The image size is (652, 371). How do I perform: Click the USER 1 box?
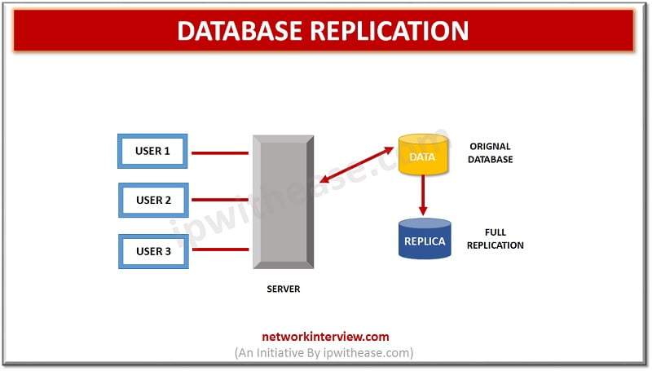coord(153,151)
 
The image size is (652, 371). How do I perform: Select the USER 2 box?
coord(153,200)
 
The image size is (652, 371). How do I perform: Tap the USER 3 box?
coord(153,251)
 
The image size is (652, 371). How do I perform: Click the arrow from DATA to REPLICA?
coord(424,196)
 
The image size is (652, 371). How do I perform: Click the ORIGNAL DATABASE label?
coord(491,152)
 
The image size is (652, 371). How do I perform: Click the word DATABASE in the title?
coord(239,31)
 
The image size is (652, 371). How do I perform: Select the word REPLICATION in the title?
coord(390,31)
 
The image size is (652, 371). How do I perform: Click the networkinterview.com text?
coord(324,336)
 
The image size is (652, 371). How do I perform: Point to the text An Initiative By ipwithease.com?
coord(324,352)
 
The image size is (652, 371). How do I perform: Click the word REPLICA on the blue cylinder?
coord(425,242)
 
